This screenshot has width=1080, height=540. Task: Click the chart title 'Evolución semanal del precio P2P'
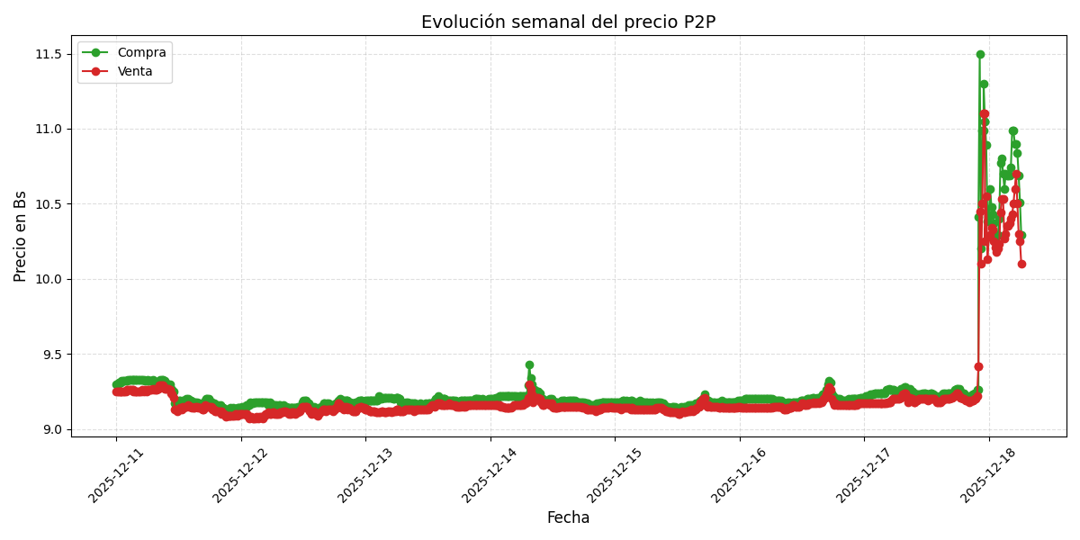568,22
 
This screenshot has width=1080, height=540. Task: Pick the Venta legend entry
135,71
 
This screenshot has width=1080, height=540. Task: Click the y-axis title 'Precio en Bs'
21,236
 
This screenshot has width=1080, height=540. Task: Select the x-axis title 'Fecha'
568,518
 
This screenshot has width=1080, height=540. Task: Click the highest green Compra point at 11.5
980,54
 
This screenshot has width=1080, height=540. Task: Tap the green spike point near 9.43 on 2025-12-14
529,364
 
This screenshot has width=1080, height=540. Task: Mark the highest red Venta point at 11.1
985,114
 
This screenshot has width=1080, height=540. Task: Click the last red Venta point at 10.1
1021,264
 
